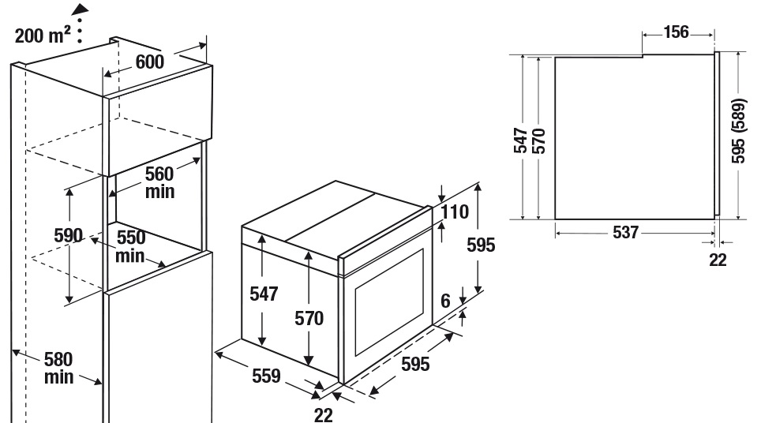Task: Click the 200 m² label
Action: (x=43, y=35)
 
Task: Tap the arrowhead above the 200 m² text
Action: (x=81, y=8)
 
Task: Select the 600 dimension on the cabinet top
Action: (x=149, y=62)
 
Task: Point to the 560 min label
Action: (x=159, y=182)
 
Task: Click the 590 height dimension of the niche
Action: (x=68, y=235)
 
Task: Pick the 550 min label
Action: (x=130, y=246)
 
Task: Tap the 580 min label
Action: (x=58, y=369)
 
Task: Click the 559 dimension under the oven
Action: (x=266, y=376)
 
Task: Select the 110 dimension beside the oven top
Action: (x=455, y=211)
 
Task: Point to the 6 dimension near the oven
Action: (x=445, y=301)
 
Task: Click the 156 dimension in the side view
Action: (x=676, y=32)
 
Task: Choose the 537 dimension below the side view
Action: (x=625, y=232)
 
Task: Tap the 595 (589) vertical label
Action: (x=738, y=131)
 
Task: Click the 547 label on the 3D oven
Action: (x=264, y=294)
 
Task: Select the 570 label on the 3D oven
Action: (x=309, y=318)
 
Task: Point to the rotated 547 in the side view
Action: (x=520, y=140)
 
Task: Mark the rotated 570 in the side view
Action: (x=538, y=140)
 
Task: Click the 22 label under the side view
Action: (x=718, y=260)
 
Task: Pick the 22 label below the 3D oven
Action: (x=324, y=415)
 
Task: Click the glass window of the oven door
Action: (x=389, y=302)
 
